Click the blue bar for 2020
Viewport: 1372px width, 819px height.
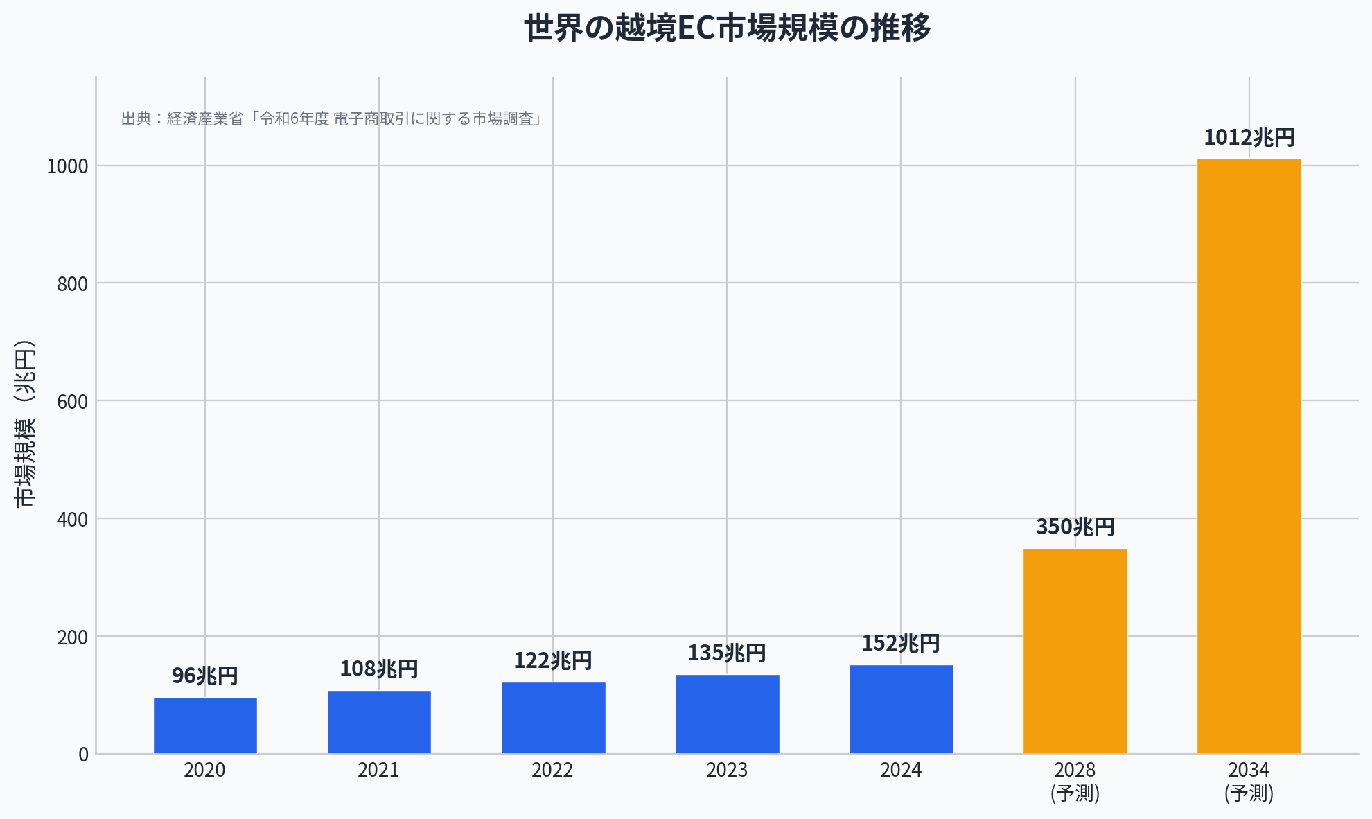[205, 725]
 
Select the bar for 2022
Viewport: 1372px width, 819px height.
[553, 718]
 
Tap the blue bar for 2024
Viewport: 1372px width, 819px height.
[901, 709]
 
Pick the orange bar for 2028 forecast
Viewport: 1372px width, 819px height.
[1075, 651]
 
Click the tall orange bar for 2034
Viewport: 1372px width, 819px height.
[1249, 456]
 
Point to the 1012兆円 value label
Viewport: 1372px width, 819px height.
[1249, 138]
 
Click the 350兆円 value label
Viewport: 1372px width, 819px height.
[1075, 527]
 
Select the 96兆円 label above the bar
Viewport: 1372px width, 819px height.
[205, 676]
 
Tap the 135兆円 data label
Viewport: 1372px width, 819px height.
[726, 653]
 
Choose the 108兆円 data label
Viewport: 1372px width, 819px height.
[378, 669]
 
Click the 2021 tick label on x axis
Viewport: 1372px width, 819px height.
[378, 770]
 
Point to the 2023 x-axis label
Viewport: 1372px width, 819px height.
[726, 770]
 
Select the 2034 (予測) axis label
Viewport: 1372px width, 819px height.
[1249, 781]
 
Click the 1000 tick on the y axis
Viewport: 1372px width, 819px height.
[67, 166]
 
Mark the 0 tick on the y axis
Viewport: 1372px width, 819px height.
[83, 755]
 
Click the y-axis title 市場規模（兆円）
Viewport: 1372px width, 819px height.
[25, 423]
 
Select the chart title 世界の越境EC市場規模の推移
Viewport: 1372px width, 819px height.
[727, 28]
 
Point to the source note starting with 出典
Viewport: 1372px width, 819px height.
[331, 119]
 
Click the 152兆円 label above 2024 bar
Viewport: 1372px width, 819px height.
[900, 644]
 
